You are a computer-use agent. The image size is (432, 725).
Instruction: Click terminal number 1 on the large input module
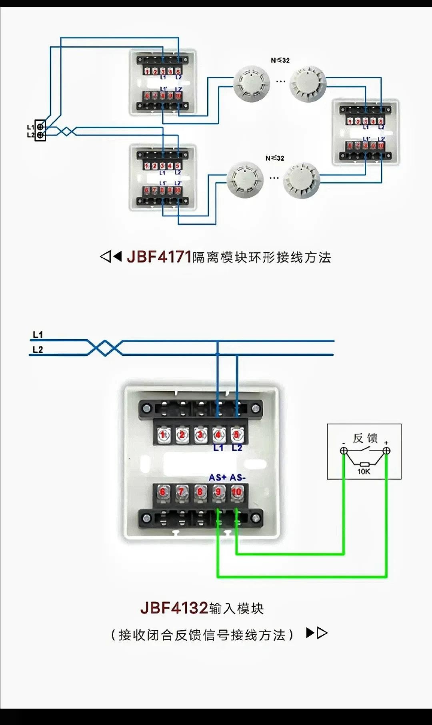[163, 435]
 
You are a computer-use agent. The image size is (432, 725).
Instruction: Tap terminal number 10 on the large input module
[237, 492]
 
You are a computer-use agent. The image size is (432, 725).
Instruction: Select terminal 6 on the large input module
[163, 492]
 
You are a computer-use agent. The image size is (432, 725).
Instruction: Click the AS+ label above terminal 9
[218, 478]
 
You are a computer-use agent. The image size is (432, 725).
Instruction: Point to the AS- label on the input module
[238, 478]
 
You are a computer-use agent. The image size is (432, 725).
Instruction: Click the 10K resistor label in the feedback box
[364, 472]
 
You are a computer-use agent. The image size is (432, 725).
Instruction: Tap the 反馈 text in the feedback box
[365, 438]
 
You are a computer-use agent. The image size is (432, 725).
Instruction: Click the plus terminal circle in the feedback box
[386, 451]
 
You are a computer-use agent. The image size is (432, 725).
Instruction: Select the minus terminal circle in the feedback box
[344, 451]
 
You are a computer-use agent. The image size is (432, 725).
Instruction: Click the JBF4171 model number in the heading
[159, 257]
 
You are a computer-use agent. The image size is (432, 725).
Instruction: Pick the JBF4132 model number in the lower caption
[174, 608]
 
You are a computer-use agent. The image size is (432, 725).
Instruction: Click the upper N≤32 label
[280, 60]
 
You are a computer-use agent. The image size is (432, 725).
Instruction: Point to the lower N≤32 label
[275, 158]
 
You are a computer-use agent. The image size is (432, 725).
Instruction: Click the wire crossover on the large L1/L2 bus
[105, 348]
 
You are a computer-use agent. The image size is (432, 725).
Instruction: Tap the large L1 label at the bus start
[38, 335]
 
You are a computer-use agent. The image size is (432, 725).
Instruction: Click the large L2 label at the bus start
[38, 350]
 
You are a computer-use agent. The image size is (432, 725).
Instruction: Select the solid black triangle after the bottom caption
[310, 633]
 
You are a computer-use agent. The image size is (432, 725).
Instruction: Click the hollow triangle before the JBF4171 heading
[105, 256]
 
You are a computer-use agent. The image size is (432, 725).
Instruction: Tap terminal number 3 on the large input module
[200, 435]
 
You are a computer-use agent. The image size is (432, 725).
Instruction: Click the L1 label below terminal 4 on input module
[218, 448]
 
